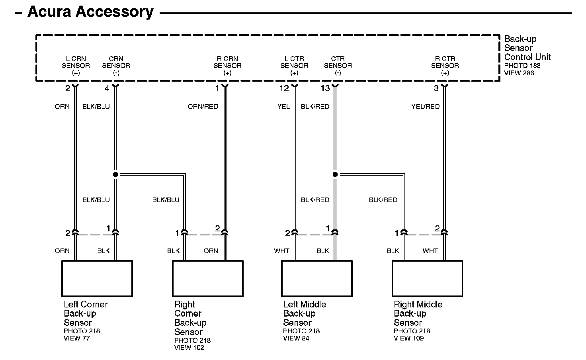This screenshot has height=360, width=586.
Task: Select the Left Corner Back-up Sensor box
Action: (97, 278)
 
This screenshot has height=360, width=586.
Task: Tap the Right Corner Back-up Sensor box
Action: (207, 278)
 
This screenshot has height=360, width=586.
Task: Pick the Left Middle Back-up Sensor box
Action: (316, 278)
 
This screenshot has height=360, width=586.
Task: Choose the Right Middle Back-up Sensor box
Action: (427, 278)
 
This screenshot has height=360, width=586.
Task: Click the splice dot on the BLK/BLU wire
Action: (115, 174)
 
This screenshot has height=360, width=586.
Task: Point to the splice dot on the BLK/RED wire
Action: (335, 174)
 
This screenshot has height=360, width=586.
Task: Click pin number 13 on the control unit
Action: (325, 88)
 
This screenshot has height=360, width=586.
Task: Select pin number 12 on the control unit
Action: (284, 88)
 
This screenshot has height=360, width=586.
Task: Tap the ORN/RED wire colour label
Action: (203, 106)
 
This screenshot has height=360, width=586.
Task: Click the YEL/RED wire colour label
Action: (425, 106)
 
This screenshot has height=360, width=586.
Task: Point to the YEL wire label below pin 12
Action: (284, 106)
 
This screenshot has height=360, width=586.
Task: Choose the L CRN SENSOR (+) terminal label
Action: (76, 66)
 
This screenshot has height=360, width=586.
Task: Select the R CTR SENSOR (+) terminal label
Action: (445, 66)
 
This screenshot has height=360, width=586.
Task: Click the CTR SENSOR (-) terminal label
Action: (338, 66)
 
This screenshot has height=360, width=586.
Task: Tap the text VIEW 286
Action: (519, 73)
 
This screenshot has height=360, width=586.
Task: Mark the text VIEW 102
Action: (189, 348)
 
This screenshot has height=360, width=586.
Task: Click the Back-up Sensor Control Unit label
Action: (527, 48)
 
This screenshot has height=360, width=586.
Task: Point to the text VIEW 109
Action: (409, 338)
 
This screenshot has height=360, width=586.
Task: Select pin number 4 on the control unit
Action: (107, 88)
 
